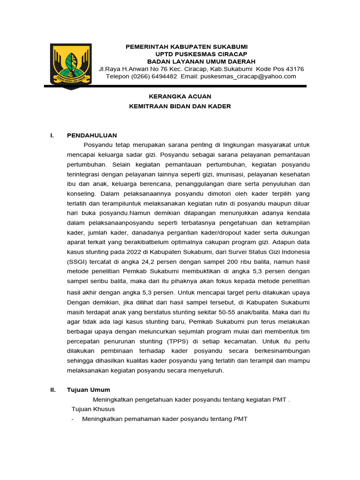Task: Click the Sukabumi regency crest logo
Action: tap(71, 65)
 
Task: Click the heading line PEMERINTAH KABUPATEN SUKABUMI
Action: tap(186, 47)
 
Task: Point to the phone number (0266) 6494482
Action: tap(154, 76)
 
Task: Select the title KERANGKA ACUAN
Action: tap(180, 96)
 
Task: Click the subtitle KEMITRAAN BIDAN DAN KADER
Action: tap(180, 106)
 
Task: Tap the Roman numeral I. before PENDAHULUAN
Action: tap(52, 135)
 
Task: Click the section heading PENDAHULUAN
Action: tap(92, 135)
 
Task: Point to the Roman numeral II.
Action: tap(53, 390)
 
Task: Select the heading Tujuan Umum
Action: tap(89, 390)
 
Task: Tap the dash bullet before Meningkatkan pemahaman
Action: tap(73, 419)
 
